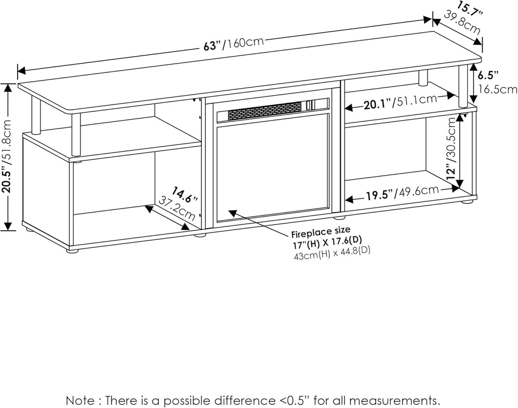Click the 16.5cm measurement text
pos(498,90)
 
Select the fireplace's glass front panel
pos(273,167)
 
